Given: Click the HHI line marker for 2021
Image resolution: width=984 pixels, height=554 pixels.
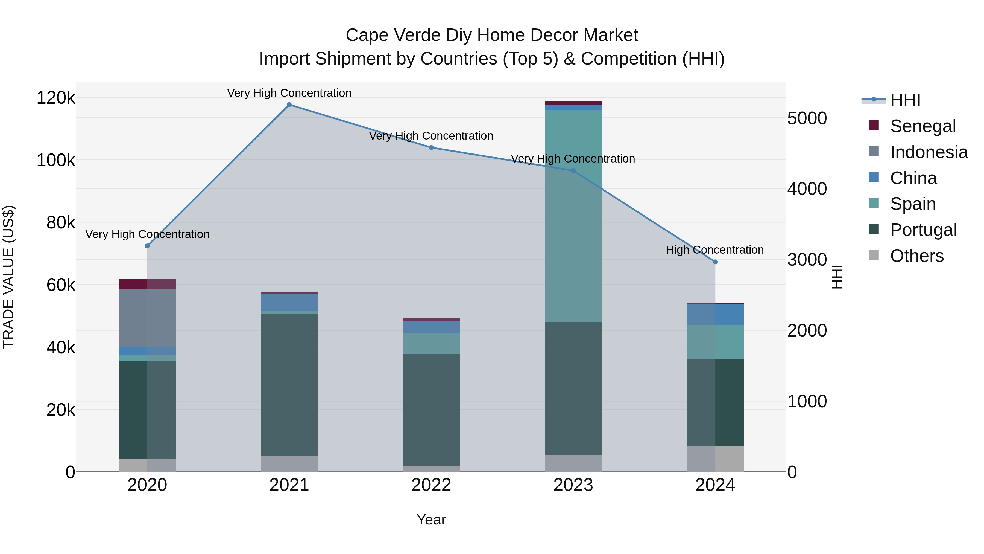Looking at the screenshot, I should (289, 105).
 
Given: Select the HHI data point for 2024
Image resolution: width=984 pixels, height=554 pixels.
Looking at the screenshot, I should (715, 262).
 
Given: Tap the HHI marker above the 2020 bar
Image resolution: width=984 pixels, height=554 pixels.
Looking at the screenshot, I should (147, 246).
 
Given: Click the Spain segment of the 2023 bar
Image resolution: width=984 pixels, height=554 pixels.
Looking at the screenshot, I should (573, 216).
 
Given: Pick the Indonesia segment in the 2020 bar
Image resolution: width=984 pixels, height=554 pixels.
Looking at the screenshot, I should (147, 317).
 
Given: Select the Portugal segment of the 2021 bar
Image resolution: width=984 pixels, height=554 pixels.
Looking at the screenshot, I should (289, 385).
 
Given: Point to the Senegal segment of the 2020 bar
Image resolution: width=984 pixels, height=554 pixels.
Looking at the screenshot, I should (147, 284).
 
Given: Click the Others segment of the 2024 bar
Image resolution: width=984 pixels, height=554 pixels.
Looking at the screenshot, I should (715, 459).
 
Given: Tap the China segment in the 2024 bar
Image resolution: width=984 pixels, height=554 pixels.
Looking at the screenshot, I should (715, 314).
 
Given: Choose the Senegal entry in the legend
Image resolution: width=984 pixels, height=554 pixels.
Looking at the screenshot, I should (922, 126).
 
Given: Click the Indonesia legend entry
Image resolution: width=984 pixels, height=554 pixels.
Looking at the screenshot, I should (929, 152).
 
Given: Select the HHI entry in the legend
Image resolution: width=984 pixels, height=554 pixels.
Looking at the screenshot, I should (905, 100).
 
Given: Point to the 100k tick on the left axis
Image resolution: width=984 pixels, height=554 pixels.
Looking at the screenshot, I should (56, 160).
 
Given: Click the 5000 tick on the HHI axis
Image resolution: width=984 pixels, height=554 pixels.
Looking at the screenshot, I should (807, 118).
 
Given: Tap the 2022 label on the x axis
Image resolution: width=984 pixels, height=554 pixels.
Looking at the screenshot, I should (431, 485).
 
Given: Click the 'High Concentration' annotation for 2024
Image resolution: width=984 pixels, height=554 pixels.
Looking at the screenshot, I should (715, 250).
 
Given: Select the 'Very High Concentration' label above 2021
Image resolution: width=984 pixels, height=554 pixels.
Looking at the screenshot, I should (289, 93).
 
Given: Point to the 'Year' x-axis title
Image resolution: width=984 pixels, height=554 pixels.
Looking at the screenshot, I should (431, 520).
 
